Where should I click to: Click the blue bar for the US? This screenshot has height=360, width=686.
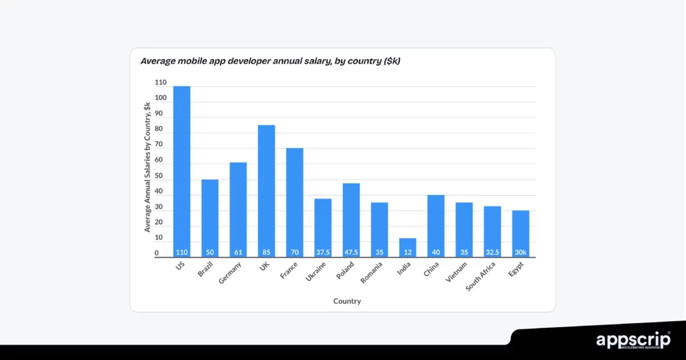click(x=182, y=171)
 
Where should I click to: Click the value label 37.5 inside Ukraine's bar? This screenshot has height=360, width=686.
click(x=323, y=252)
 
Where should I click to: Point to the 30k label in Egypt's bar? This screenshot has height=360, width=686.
click(x=521, y=252)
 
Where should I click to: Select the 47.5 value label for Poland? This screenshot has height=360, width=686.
click(x=351, y=252)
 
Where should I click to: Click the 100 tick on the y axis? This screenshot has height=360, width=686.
click(x=161, y=98)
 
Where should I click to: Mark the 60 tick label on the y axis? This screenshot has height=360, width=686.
click(x=159, y=160)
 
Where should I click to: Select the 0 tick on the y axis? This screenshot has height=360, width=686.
click(x=157, y=253)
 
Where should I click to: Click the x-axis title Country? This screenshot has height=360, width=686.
click(x=347, y=302)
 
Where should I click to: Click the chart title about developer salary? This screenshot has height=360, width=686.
click(x=270, y=61)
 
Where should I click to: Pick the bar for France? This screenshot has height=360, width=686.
click(x=295, y=202)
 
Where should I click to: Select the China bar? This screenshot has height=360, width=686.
click(x=436, y=225)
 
